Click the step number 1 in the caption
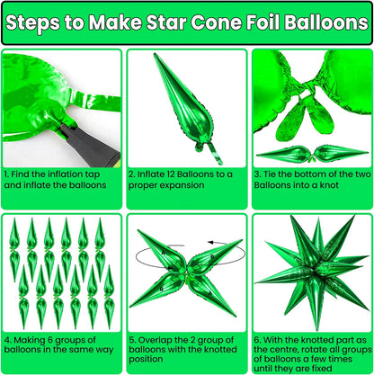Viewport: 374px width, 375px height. [x=5, y=173]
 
